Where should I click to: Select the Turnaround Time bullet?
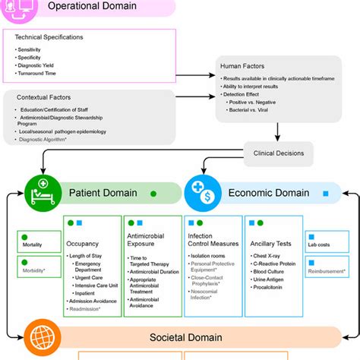37,74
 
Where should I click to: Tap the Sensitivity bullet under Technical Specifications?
31,49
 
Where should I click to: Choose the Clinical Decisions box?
279,153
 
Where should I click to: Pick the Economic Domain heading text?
270,193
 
